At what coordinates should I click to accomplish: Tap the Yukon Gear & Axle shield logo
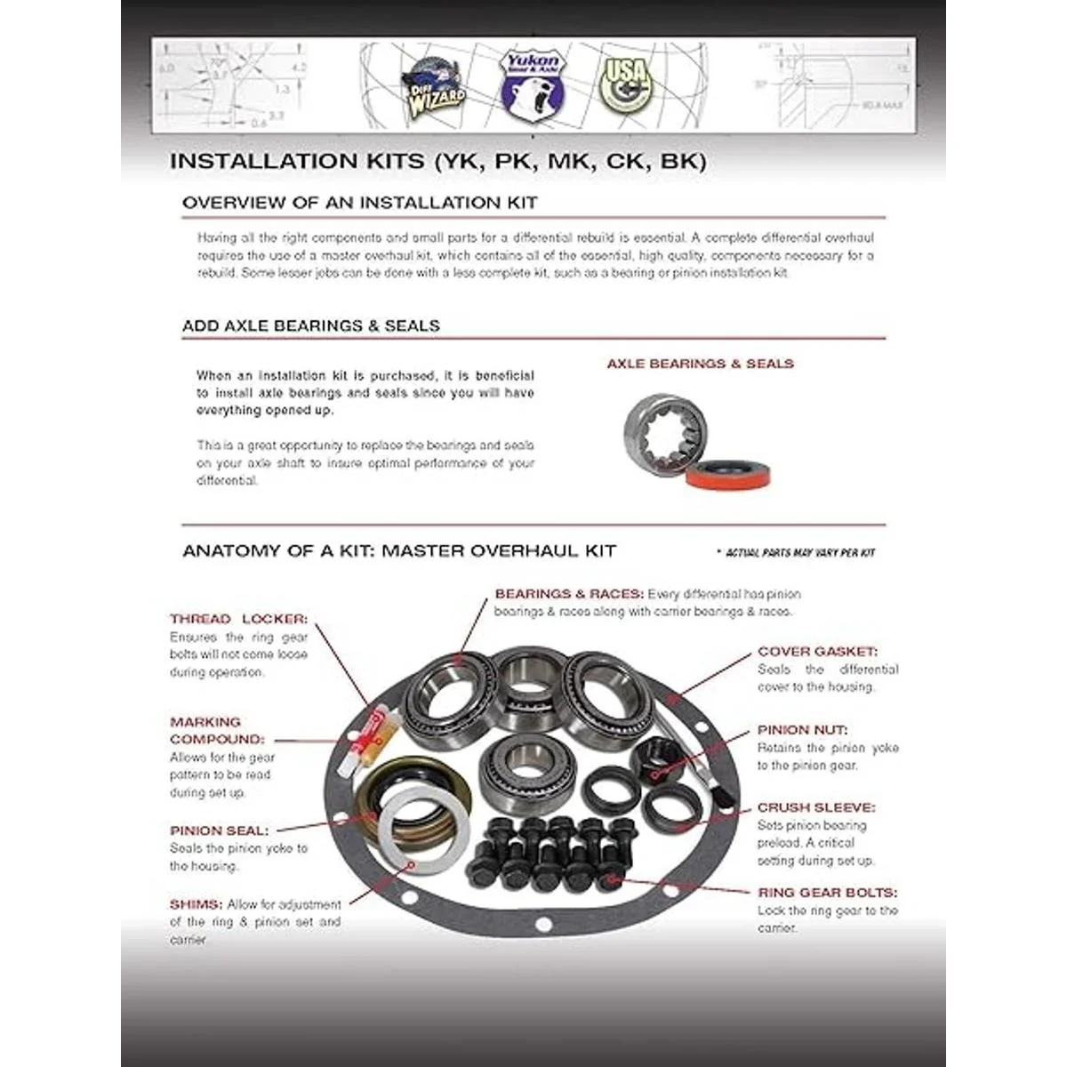pos(530,84)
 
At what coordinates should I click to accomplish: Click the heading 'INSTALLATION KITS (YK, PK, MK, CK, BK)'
pos(437,161)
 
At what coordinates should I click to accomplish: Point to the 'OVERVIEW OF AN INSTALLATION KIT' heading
pos(359,203)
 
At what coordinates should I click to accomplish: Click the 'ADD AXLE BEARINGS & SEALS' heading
pos(310,325)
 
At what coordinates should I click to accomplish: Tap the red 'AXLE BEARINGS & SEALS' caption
pos(700,364)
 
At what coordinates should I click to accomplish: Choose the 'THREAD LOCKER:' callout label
pos(238,619)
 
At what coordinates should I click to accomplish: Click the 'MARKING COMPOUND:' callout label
pos(217,730)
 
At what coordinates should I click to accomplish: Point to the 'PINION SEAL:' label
pos(219,830)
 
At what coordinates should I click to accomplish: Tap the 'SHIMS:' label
pos(195,904)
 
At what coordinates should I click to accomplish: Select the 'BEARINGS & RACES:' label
pos(569,593)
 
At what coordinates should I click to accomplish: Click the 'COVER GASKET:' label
pos(817,652)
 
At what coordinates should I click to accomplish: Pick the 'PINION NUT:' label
pos(802,730)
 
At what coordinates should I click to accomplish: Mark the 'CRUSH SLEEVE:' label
pos(815,807)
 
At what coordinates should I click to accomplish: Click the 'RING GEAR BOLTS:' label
pos(827,893)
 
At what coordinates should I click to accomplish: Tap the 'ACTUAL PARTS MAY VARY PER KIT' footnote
pos(799,553)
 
